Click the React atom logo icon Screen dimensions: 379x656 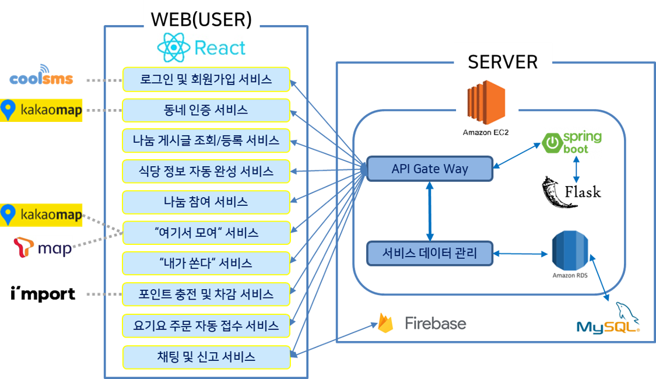coord(174,48)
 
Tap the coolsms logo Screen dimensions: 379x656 coord(41,77)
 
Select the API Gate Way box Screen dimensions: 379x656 coord(429,169)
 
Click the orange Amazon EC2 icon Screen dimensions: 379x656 coord(485,103)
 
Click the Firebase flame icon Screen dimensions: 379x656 coord(385,323)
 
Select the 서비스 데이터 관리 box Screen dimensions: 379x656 coord(429,253)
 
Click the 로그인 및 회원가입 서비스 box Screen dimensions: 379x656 coord(206,79)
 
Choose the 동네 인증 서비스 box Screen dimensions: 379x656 coord(206,110)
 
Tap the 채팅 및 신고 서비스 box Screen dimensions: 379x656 coord(206,357)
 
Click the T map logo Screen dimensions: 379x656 coord(43,247)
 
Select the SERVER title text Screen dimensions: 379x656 coord(502,62)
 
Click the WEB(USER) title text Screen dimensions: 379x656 coord(201,19)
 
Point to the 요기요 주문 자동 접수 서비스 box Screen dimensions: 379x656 coord(206,325)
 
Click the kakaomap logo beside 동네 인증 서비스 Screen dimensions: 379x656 coord(41,110)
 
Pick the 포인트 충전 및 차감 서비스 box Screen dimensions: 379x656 coord(206,294)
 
